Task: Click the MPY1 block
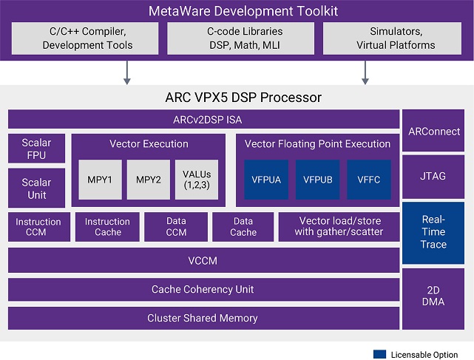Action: [100, 179]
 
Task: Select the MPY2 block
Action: [149, 179]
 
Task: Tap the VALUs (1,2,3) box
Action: [197, 179]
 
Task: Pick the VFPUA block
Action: [265, 179]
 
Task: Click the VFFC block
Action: [368, 179]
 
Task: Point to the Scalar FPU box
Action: [36, 149]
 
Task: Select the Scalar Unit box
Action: [36, 189]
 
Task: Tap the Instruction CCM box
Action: [38, 227]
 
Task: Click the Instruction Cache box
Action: [107, 227]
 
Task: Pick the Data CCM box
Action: [175, 227]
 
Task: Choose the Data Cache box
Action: [243, 227]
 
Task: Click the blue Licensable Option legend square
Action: [380, 354]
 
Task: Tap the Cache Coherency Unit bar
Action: [203, 289]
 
